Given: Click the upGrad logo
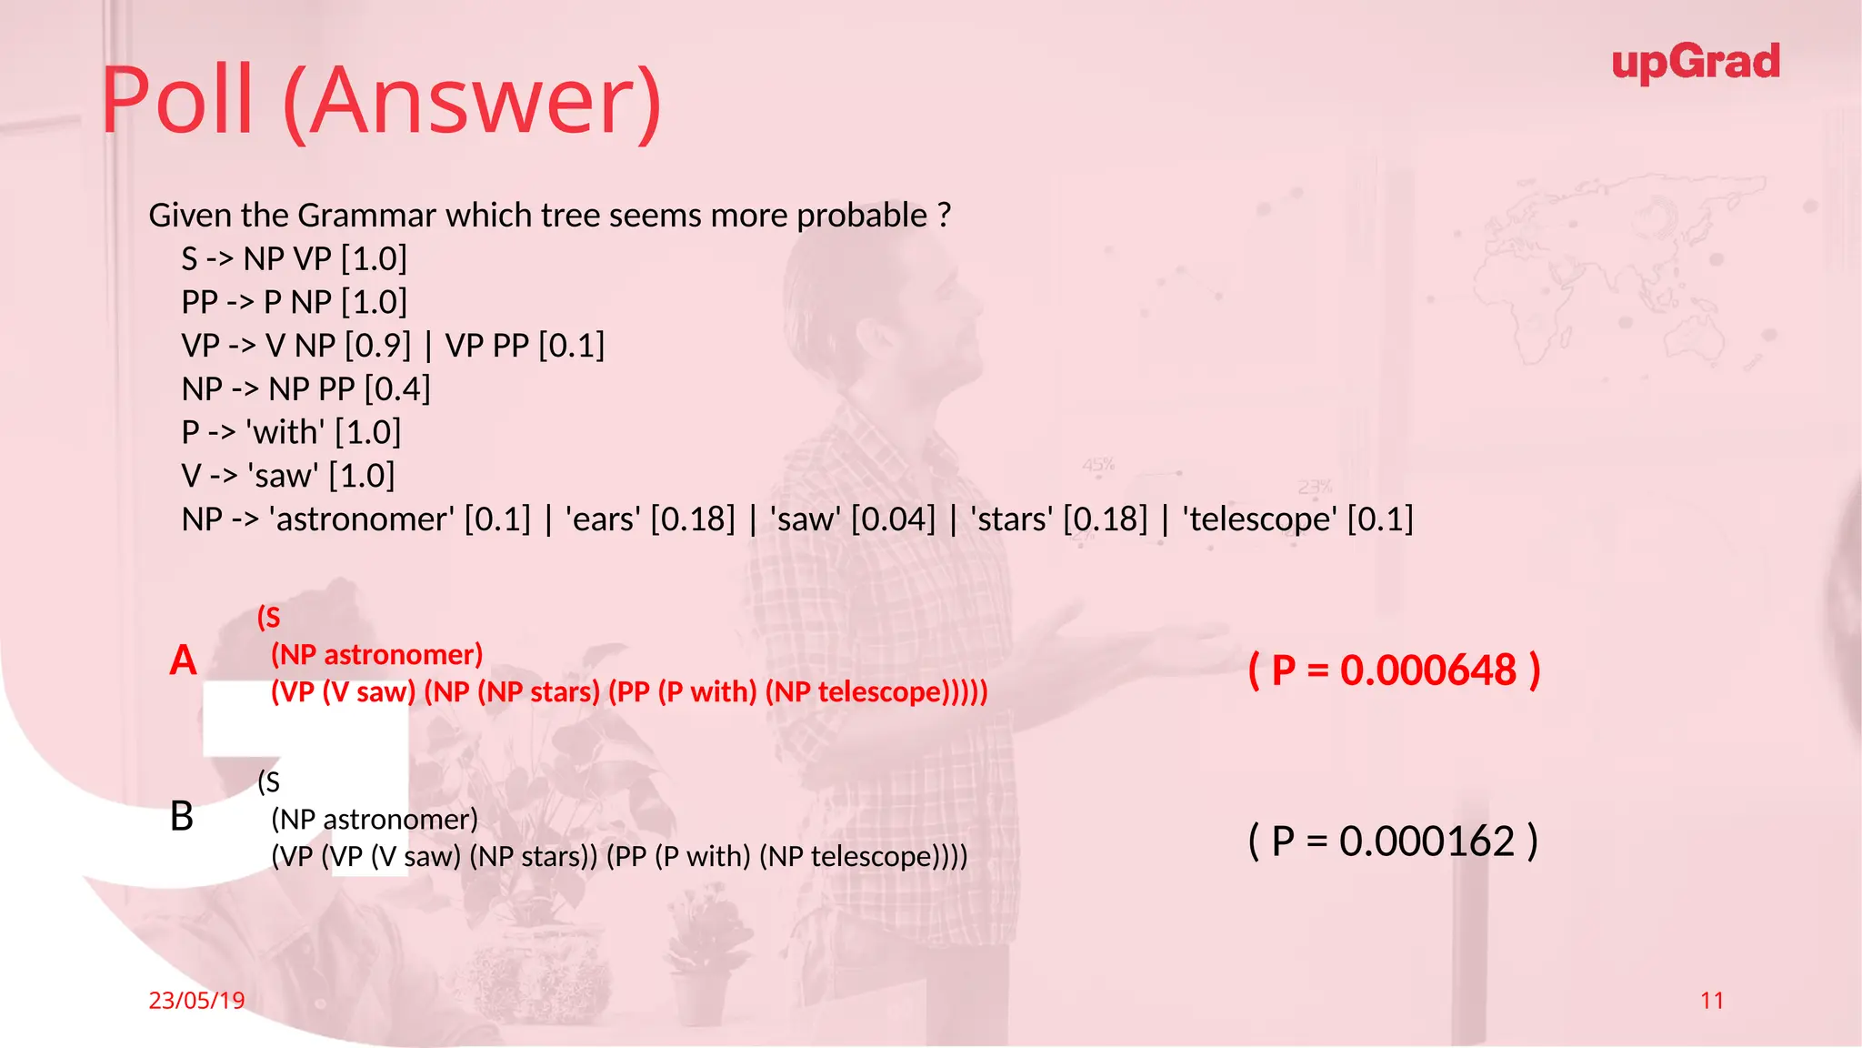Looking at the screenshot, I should coord(1695,63).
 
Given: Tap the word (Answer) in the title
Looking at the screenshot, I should coord(473,102).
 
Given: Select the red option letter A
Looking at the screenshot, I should coord(183,660).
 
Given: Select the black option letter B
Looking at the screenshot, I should coord(182,816).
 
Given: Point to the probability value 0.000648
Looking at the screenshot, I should coord(1427,670).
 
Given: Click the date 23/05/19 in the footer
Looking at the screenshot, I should coord(196,1001).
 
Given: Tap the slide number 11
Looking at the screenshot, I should coord(1711,1001).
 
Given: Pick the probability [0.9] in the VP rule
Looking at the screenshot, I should coord(377,346).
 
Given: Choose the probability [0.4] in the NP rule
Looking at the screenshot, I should coord(397,389).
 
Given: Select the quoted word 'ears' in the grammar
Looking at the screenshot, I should coord(603,519).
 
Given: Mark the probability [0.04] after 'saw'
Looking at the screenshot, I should coord(893,519).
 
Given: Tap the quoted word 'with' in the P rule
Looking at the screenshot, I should coord(285,432).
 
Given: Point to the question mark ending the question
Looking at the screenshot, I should coord(945,216).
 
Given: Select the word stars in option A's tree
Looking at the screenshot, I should coord(560,692).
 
